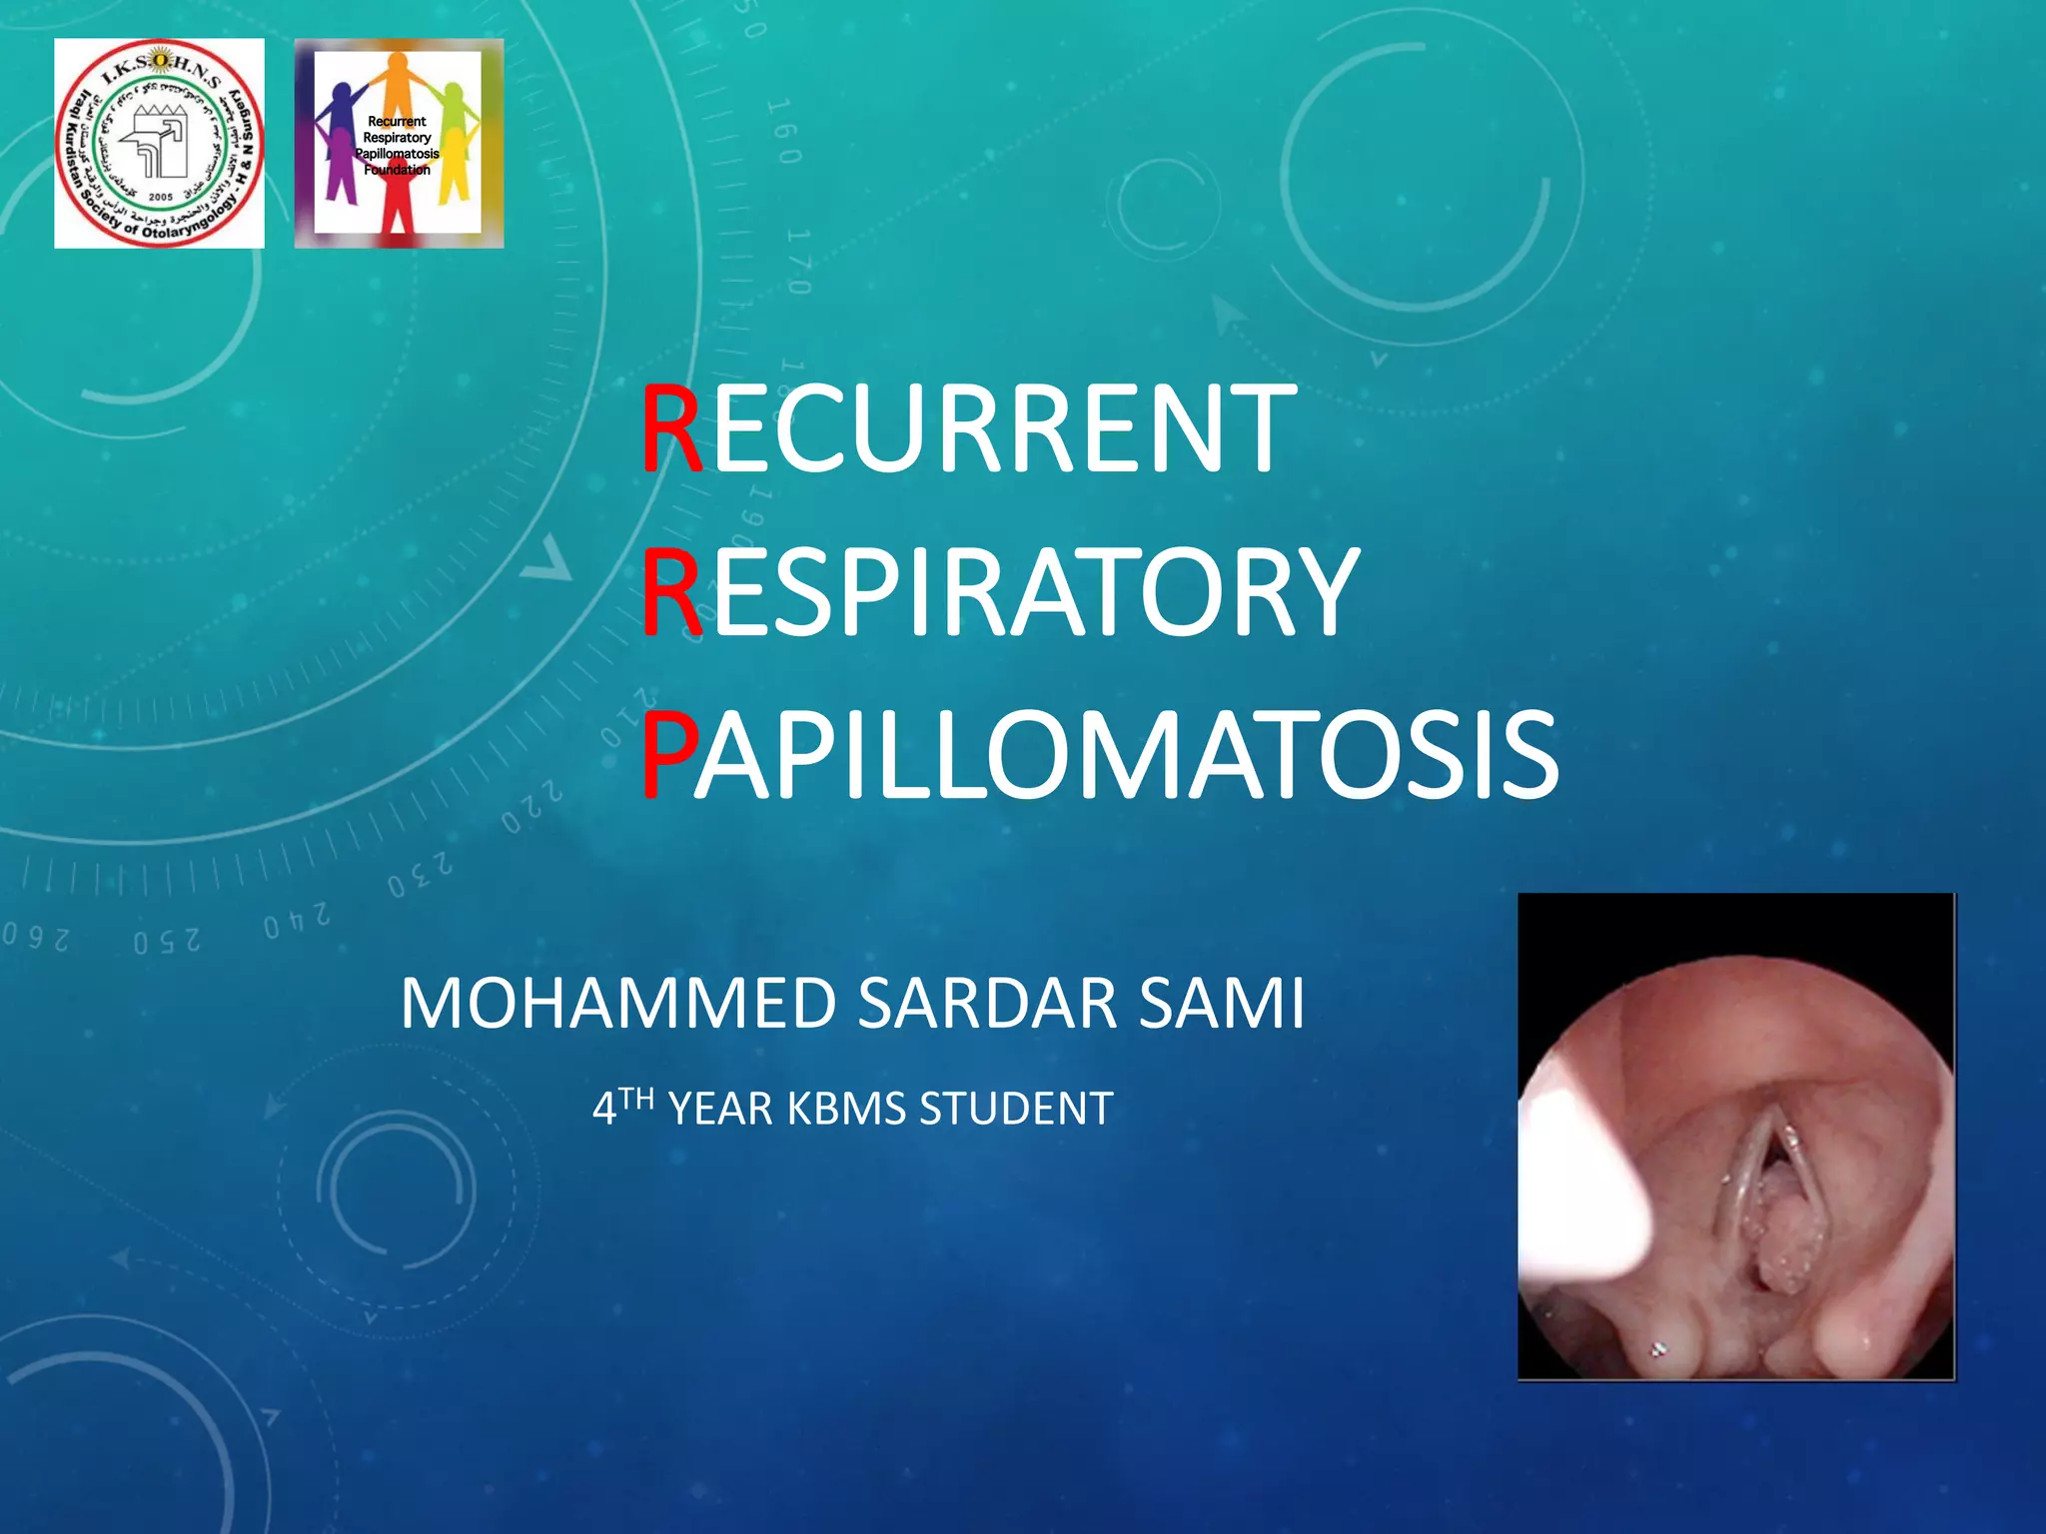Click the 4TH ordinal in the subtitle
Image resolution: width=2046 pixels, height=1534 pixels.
(x=622, y=1107)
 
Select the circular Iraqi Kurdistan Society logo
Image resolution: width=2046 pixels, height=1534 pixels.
(x=159, y=143)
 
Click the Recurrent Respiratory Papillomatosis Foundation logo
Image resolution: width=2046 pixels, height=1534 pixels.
(x=399, y=143)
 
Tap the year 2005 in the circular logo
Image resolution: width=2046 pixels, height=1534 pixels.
(x=160, y=197)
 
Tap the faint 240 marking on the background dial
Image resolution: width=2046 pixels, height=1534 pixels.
(x=297, y=921)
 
